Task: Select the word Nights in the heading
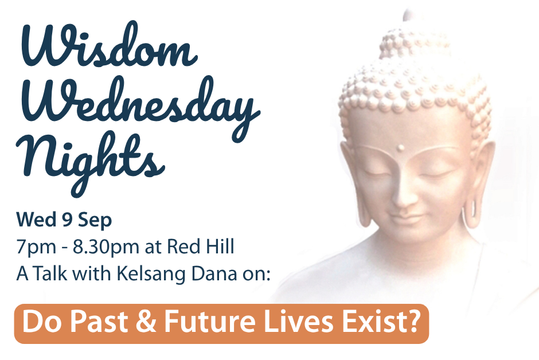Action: pos(91,162)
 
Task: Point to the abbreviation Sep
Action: pos(95,221)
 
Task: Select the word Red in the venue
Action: pos(181,246)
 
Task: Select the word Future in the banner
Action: pos(210,322)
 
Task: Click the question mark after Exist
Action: pos(413,321)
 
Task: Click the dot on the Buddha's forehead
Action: pos(400,148)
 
